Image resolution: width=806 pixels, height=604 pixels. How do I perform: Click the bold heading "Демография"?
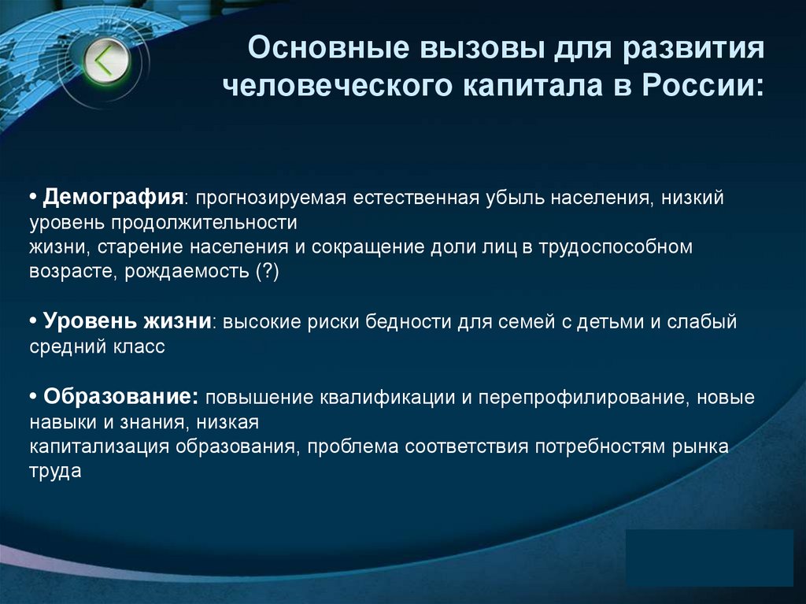(x=113, y=197)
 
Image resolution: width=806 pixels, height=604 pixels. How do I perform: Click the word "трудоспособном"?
(x=616, y=246)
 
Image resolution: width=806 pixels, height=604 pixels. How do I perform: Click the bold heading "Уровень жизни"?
(x=127, y=321)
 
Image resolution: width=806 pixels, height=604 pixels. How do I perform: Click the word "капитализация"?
(x=101, y=447)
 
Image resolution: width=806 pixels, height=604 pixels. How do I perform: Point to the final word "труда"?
(x=56, y=472)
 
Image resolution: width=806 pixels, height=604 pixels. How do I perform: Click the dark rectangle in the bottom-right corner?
(x=710, y=558)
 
